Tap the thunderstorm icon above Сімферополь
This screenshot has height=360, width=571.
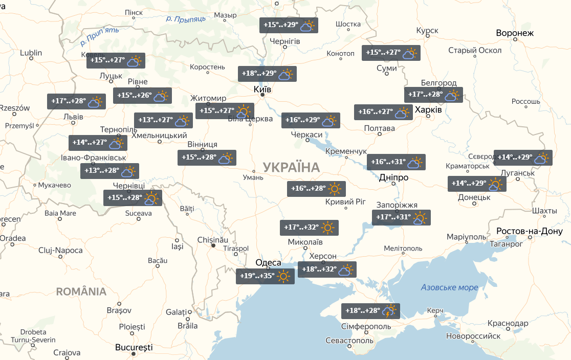(390, 311)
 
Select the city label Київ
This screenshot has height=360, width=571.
(262, 89)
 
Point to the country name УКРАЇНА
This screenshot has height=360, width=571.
(291, 167)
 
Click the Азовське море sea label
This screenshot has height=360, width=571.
(449, 287)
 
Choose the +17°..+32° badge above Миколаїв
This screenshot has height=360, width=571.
(309, 228)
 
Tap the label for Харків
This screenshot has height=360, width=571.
(428, 110)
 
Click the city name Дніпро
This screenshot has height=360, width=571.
(393, 177)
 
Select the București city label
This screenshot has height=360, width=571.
(134, 347)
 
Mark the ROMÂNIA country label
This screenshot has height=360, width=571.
(81, 291)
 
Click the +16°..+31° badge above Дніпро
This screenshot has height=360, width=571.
(396, 162)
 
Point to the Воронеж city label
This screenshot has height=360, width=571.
(515, 33)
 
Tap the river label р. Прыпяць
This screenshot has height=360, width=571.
(186, 18)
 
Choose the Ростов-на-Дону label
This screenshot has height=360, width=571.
(533, 232)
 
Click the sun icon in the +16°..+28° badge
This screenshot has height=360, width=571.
(335, 189)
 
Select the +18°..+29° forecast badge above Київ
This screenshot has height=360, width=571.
(267, 74)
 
